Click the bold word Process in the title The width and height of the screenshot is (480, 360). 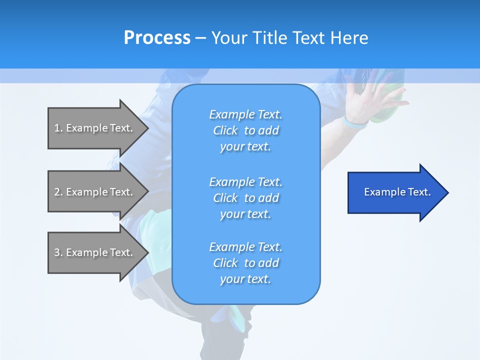pos(157,37)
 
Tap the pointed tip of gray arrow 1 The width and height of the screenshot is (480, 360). pos(147,128)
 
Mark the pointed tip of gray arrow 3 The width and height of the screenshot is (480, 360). pos(147,252)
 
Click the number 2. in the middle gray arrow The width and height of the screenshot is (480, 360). pos(58,192)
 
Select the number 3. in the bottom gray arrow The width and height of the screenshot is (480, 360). pos(58,252)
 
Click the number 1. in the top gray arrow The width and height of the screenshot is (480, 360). pos(58,128)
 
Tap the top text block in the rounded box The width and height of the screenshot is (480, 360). pos(245,130)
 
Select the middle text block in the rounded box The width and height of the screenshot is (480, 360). pos(245,198)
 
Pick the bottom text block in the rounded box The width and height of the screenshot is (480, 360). pos(245,263)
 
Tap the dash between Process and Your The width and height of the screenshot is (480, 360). pos(200,38)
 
